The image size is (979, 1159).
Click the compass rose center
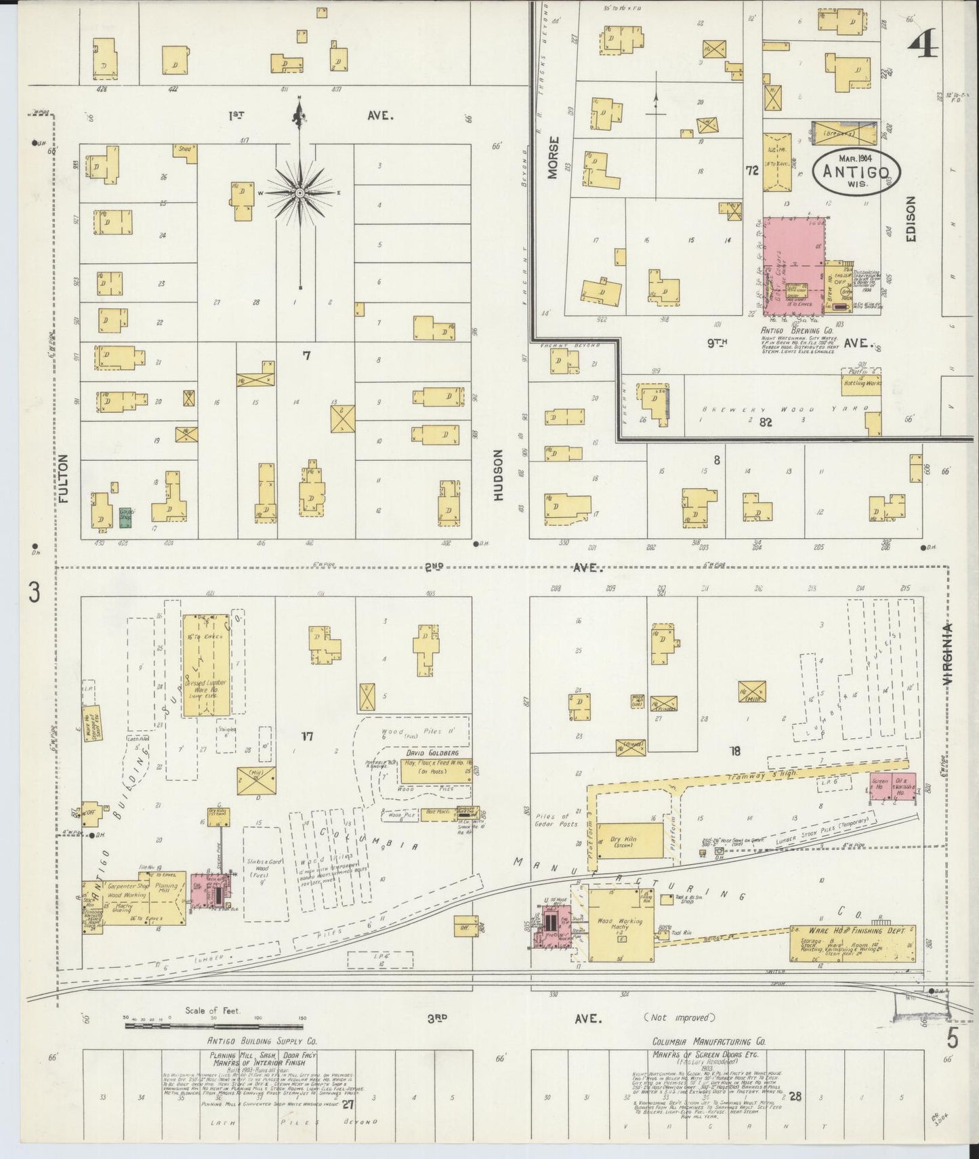(x=299, y=193)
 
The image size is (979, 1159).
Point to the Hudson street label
(x=499, y=475)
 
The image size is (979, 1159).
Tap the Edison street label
(x=909, y=219)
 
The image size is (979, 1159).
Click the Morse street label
(x=554, y=158)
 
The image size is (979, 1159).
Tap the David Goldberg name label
(x=429, y=753)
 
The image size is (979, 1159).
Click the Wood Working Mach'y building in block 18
(x=620, y=925)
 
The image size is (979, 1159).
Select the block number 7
(x=306, y=355)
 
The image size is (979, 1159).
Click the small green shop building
(x=125, y=518)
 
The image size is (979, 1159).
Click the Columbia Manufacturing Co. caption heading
(x=708, y=1041)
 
